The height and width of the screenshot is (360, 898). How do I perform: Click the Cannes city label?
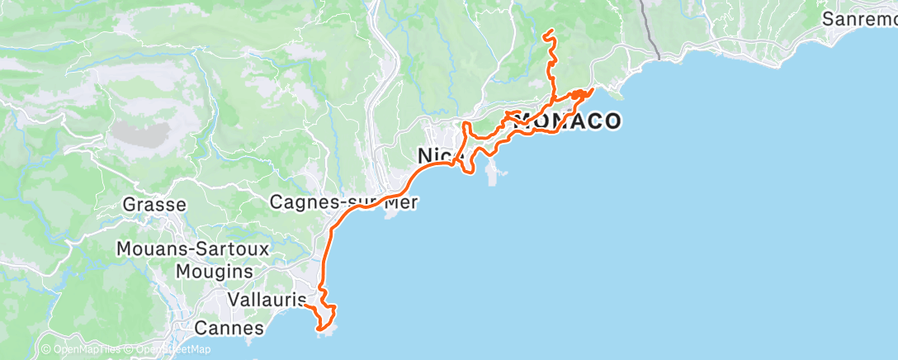coord(229,329)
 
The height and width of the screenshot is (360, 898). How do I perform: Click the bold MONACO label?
coord(568,121)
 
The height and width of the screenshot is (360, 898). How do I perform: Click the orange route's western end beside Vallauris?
coord(305,305)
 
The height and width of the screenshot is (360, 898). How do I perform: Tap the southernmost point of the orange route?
coord(319,331)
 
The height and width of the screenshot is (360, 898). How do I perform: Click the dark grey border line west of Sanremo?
coord(651,33)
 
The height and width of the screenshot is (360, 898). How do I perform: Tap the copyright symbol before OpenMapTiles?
coord(46,349)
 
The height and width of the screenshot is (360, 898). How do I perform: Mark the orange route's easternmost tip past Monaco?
coord(593,88)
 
